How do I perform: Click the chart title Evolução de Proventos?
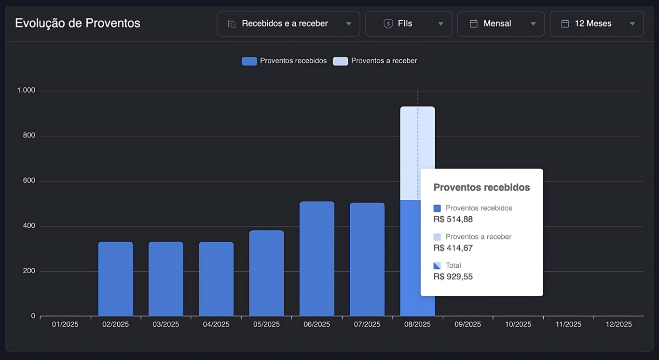[x=78, y=23]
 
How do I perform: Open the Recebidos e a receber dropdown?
[x=288, y=24]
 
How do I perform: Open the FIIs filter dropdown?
[x=408, y=24]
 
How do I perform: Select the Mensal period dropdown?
[x=501, y=24]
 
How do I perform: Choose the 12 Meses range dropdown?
[x=596, y=24]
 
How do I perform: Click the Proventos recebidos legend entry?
[x=285, y=61]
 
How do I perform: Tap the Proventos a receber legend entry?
[x=375, y=61]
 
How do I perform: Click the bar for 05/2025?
[x=266, y=273]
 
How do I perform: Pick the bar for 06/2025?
[x=316, y=259]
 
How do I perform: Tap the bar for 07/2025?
[x=367, y=259]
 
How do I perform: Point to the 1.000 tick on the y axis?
[x=26, y=90]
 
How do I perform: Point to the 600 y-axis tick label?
[x=29, y=180]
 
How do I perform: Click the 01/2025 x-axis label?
[x=65, y=324]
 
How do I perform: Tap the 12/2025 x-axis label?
[x=618, y=324]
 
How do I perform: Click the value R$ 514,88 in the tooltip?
[x=453, y=219]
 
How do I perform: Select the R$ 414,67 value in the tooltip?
[x=453, y=248]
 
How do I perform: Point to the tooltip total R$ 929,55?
[x=453, y=277]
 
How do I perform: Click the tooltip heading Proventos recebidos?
[x=481, y=187]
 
